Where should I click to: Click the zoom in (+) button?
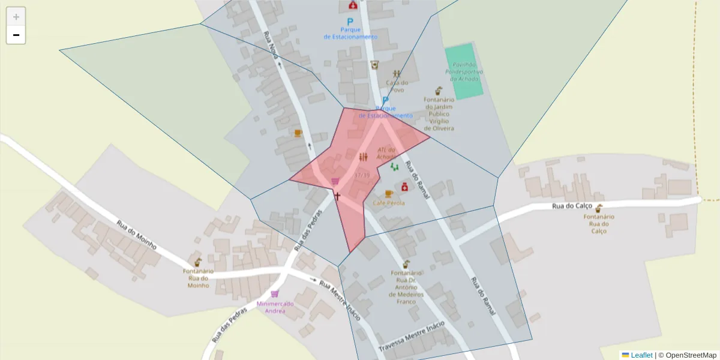coord(16,17)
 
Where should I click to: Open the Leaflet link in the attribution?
coord(641,355)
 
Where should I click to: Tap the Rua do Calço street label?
coord(572,206)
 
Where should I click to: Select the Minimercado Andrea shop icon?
coord(275,294)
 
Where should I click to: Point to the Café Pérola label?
coord(388,203)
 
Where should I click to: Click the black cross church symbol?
coord(337,196)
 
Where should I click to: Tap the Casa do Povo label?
coord(397,86)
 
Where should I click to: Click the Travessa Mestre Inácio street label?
coord(412,337)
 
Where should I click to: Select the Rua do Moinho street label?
coord(137,236)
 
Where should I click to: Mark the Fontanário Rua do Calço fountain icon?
coord(599,208)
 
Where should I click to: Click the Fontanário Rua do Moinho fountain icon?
coord(197,262)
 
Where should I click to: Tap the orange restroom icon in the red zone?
coord(362,157)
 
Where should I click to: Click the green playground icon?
coord(394,166)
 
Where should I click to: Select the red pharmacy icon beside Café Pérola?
coord(404,187)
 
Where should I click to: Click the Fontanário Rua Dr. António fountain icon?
coord(406,264)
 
